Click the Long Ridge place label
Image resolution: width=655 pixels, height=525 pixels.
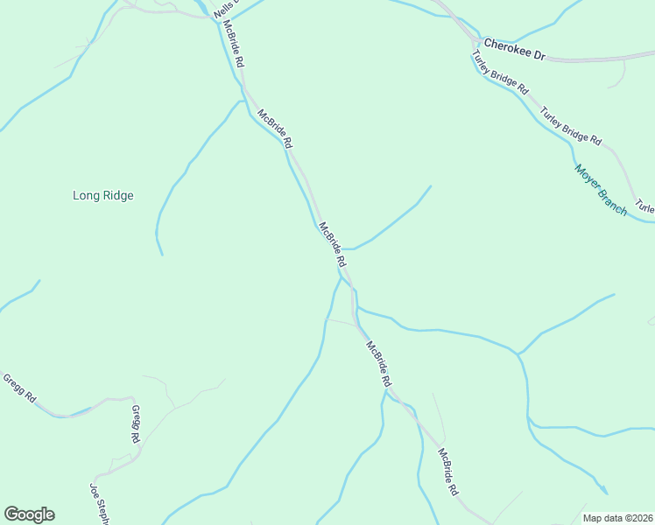coord(102,196)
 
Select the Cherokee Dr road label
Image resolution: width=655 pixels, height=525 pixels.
coord(514,48)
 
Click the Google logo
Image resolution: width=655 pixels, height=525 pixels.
coord(29,514)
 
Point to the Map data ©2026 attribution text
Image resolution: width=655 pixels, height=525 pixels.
coord(617,518)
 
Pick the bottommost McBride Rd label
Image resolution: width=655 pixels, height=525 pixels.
coord(448,472)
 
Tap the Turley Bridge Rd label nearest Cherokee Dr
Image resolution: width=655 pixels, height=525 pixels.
coord(500,73)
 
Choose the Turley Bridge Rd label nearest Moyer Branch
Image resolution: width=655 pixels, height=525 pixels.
coord(571,126)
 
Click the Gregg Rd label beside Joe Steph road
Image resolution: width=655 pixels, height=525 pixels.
coord(137,423)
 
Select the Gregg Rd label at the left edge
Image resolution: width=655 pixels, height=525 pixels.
coord(18,388)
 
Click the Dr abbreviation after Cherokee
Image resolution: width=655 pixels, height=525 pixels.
coord(539,54)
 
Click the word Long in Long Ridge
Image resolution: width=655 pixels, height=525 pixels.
coord(84,196)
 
